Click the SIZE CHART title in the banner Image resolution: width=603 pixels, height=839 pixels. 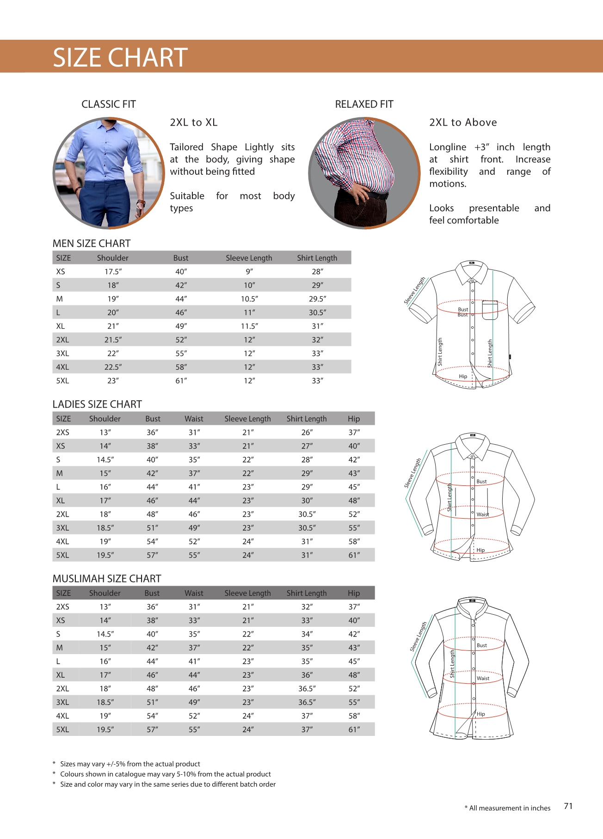pos(120,57)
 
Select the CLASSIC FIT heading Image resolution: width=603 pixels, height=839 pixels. pos(109,104)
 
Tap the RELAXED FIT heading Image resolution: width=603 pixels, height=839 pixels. pos(364,104)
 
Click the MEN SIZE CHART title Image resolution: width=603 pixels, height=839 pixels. pos(92,244)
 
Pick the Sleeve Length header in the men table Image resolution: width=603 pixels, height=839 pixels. pos(249,258)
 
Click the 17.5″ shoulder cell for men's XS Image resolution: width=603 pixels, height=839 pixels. pos(113,272)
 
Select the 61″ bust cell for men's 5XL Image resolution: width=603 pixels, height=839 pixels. pos(181,381)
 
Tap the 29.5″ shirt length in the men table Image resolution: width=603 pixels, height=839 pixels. pos(317,299)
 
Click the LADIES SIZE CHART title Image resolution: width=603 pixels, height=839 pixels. pos(97,404)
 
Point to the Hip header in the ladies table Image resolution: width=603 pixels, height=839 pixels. pos(354,419)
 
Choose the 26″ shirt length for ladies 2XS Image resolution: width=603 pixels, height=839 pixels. pos(307,433)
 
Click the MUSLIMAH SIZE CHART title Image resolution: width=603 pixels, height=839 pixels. pos(107,579)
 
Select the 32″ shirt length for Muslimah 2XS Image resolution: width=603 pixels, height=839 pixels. pos(307,607)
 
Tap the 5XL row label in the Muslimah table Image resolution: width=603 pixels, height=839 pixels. pos(62,730)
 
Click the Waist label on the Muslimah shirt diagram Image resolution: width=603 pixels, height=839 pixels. pos(483,679)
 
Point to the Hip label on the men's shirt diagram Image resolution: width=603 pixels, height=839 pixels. pos(463,377)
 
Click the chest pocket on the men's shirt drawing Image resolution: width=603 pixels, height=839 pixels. pos(490,310)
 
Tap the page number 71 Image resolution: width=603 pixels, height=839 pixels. pos(568,806)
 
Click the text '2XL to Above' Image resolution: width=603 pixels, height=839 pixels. pos(463,122)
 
